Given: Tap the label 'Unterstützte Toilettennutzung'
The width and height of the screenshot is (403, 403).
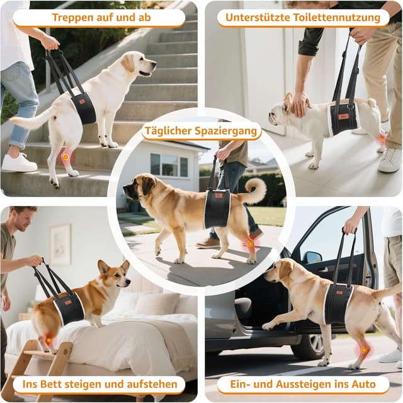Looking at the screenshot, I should click(304, 18).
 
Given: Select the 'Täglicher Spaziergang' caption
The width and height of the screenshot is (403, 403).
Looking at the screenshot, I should click(201, 131).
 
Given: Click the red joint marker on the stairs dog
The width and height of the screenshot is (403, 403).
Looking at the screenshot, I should click(65, 155).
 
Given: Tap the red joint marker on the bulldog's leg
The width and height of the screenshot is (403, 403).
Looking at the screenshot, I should click(381, 138).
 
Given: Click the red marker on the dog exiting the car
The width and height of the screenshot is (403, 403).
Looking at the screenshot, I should click(363, 350).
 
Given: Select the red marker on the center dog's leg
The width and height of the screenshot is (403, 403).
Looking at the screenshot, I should click(250, 244).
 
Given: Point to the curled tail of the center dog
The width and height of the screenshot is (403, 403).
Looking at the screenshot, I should click(257, 189).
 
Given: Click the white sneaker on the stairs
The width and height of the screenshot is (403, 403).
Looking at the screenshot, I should click(18, 163).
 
